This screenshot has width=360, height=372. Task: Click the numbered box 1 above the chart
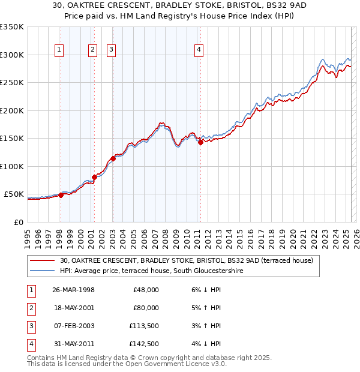pyautogui.click(x=60, y=50)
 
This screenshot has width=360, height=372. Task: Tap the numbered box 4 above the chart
pyautogui.click(x=199, y=50)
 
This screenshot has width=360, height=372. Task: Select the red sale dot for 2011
pyautogui.click(x=200, y=142)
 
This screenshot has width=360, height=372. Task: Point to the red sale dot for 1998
pyautogui.click(x=61, y=195)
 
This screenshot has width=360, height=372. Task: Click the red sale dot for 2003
pyautogui.click(x=112, y=158)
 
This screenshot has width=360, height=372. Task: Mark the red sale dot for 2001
pyautogui.click(x=94, y=177)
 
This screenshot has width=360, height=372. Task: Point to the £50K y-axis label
pyautogui.click(x=13, y=194)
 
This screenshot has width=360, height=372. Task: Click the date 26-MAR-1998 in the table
pyautogui.click(x=73, y=290)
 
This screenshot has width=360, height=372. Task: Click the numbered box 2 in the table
pyautogui.click(x=30, y=308)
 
